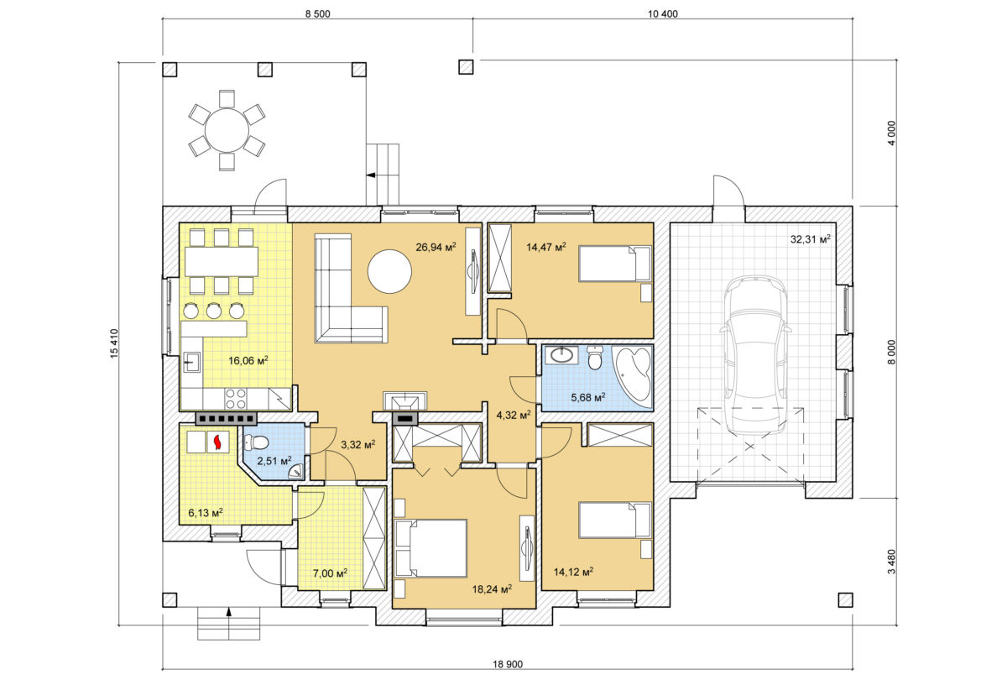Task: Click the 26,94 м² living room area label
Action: pyautogui.click(x=436, y=247)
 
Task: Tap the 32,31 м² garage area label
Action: pyautogui.click(x=811, y=238)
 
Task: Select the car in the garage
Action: pyautogui.click(x=754, y=356)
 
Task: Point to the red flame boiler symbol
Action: pyautogui.click(x=218, y=442)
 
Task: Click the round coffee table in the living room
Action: pyautogui.click(x=389, y=272)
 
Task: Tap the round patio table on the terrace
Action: pyautogui.click(x=227, y=130)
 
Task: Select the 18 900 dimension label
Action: pyautogui.click(x=508, y=664)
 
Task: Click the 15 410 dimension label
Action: pyautogui.click(x=114, y=343)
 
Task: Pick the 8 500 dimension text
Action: pyautogui.click(x=317, y=14)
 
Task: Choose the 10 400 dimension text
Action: pyautogui.click(x=663, y=14)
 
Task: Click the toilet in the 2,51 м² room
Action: pyautogui.click(x=256, y=442)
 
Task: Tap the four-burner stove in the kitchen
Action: pyautogui.click(x=236, y=399)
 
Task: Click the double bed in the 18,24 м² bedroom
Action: pyautogui.click(x=430, y=548)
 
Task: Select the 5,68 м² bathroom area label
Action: pyautogui.click(x=588, y=397)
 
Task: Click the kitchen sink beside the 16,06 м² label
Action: pyautogui.click(x=192, y=362)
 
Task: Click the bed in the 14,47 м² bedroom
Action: pyautogui.click(x=614, y=264)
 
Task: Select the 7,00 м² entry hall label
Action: pyautogui.click(x=330, y=573)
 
